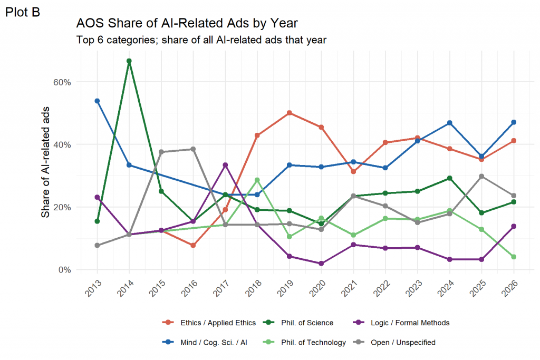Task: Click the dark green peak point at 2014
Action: click(x=129, y=61)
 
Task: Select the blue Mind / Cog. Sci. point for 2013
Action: click(x=97, y=101)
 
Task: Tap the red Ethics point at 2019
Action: click(x=290, y=113)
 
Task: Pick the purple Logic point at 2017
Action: click(x=225, y=165)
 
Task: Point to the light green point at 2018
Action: click(x=257, y=180)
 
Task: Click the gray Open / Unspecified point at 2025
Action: click(x=481, y=176)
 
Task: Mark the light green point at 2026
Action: click(x=514, y=257)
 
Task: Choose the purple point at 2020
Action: click(x=321, y=264)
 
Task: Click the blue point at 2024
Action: click(x=449, y=123)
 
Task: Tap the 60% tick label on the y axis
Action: click(x=62, y=82)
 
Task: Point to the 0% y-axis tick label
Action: click(x=65, y=270)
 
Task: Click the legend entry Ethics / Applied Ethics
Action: click(x=209, y=323)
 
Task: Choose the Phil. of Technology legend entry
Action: click(x=304, y=343)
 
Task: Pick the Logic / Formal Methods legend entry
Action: click(x=401, y=323)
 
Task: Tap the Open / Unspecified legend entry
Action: click(x=394, y=343)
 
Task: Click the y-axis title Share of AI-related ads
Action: click(x=45, y=162)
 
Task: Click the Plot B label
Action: click(x=23, y=13)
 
